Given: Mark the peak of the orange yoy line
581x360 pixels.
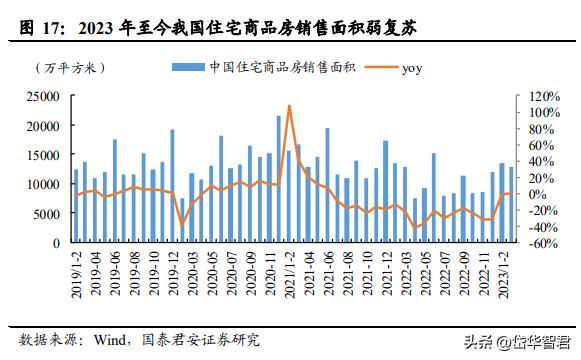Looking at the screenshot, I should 289,105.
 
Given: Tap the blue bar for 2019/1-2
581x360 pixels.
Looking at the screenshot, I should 75,206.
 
